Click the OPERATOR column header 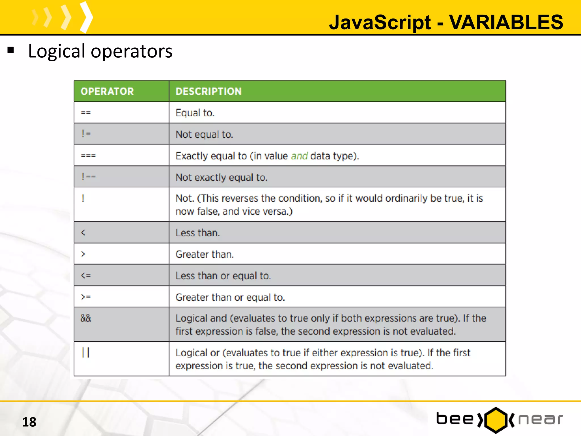pos(107,91)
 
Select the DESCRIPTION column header pos(209,91)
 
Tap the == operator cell pos(86,113)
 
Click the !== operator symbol pos(89,177)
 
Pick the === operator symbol pos(88,156)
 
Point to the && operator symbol pos(86,318)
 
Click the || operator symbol pos(86,353)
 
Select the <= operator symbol pos(86,276)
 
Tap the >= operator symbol pos(86,297)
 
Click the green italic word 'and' pos(299,156)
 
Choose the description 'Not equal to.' pos(204,134)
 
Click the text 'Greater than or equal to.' pos(230,297)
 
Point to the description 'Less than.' pos(198,233)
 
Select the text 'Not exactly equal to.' pos(222,177)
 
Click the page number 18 pos(29,422)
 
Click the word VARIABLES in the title pos(506,22)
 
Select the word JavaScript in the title pos(380,22)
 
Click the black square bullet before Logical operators pos(11,50)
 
